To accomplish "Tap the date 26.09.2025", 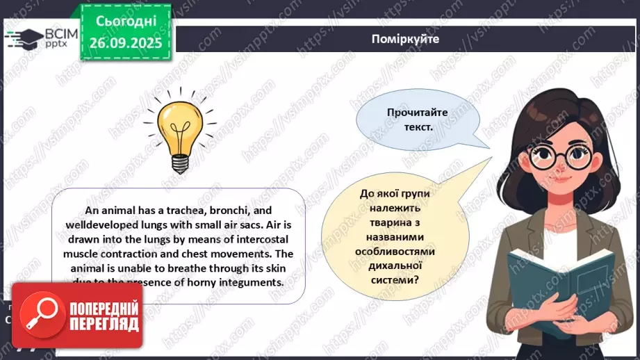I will (x=124, y=43).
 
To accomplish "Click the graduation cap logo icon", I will (x=24, y=38).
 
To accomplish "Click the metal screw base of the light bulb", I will (x=180, y=164).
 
